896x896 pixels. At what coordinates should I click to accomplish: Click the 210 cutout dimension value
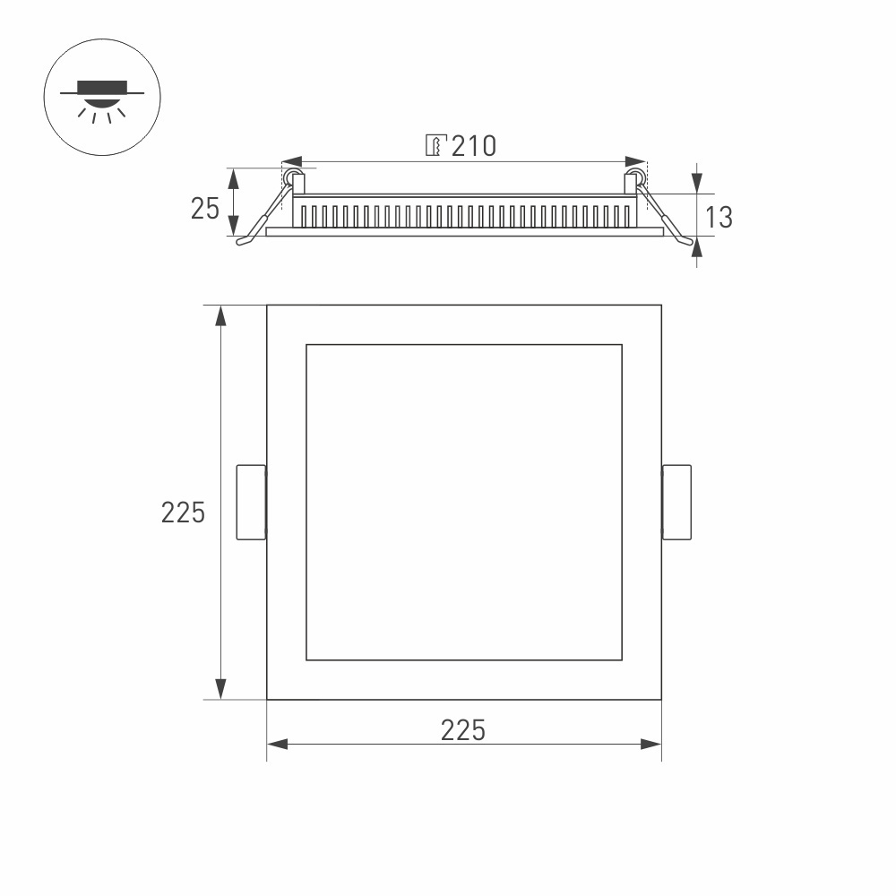[x=473, y=146]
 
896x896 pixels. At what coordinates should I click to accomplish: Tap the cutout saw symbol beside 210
[x=435, y=146]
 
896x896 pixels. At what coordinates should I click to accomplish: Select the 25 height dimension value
[x=205, y=209]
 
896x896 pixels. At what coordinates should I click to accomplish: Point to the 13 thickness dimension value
[x=718, y=217]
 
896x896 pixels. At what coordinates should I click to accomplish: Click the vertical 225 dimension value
[x=183, y=513]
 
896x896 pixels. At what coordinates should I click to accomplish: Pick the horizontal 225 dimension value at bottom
[x=463, y=730]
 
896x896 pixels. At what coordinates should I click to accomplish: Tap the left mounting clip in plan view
[x=251, y=502]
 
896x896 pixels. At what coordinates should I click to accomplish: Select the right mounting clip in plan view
[x=676, y=502]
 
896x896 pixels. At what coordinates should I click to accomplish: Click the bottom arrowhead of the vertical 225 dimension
[x=220, y=689]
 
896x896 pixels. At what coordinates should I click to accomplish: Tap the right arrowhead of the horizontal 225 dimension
[x=651, y=744]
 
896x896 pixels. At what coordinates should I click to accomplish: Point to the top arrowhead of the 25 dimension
[x=234, y=177]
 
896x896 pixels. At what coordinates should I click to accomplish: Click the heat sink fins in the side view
[x=466, y=216]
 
